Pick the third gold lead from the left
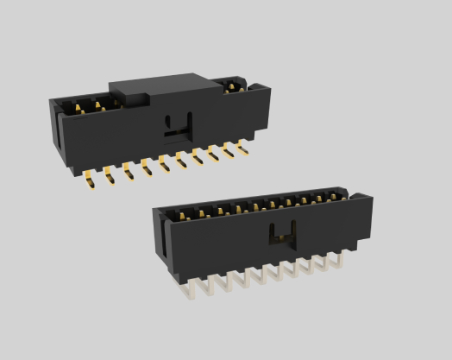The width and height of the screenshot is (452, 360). pos(128,169)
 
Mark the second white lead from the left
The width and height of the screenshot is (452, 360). pos(210,282)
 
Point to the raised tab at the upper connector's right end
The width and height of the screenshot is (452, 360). pos(256,85)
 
